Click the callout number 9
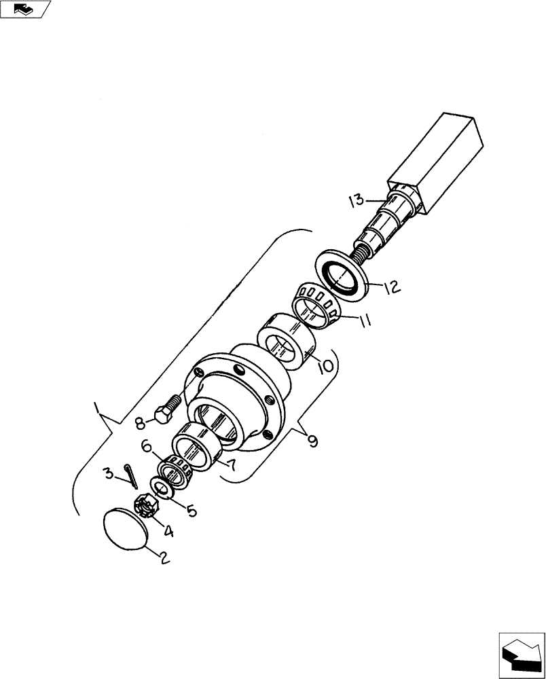[x=312, y=442]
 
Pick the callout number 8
[x=140, y=423]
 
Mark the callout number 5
[x=192, y=510]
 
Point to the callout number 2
[x=163, y=559]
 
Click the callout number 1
[x=99, y=409]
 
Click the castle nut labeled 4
[x=148, y=504]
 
